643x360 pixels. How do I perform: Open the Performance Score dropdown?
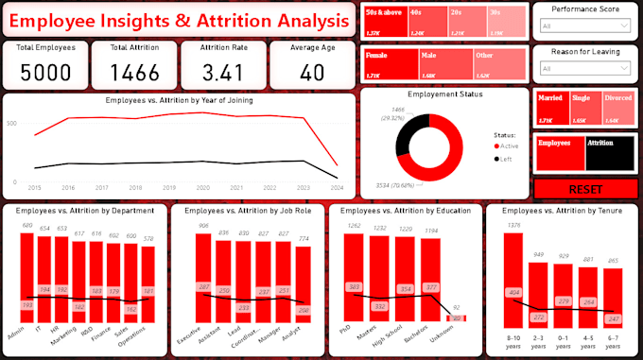point(586,28)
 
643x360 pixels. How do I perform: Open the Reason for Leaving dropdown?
point(586,68)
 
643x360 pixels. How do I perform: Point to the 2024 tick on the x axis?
point(337,187)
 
